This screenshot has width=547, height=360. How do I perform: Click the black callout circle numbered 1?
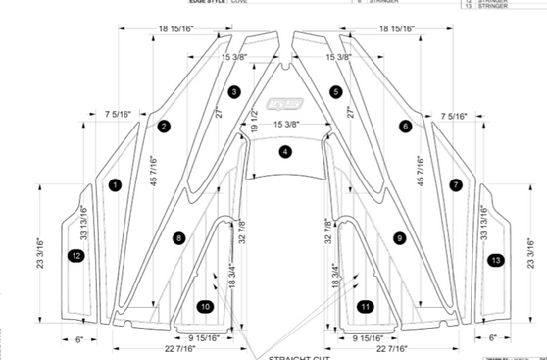115,184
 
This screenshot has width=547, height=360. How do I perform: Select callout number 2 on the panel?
164,126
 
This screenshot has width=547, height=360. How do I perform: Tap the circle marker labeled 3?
233,91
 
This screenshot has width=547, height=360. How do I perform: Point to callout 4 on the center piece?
284,152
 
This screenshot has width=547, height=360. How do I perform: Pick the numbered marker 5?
336,91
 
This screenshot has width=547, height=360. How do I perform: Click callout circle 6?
405,126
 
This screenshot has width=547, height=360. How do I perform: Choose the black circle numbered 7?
455,184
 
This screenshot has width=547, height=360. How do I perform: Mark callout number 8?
177,237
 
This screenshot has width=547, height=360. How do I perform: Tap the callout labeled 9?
399,237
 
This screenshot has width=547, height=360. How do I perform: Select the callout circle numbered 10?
204,306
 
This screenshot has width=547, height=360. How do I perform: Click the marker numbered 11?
365,306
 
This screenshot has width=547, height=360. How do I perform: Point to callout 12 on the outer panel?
75,255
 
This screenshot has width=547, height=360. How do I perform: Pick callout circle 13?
497,259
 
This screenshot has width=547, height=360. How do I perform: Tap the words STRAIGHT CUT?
294,356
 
